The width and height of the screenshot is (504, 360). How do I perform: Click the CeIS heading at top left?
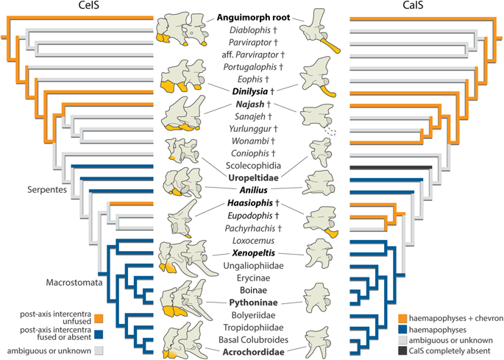tap(89, 5)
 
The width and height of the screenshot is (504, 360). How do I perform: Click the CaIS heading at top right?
tap(413, 5)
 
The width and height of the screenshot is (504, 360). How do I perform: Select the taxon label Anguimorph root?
tap(253, 18)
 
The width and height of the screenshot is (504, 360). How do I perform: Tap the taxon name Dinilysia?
tap(249, 92)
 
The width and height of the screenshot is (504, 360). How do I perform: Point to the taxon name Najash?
tap(249, 105)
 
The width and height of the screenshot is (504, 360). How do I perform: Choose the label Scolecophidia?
tap(253, 166)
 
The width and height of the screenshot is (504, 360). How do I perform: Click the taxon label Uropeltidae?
tap(253, 177)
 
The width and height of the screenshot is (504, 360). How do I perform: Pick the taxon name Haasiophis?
tap(249, 203)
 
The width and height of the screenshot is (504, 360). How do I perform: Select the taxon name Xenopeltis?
tap(253, 253)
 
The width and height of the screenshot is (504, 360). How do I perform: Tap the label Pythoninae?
tap(253, 303)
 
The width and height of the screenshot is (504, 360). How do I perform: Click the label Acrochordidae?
tap(253, 352)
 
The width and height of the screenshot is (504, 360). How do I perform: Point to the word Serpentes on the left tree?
tap(47, 189)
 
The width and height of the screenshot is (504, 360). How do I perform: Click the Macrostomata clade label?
tap(74, 283)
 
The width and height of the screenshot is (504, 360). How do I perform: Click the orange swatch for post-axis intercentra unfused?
tap(99, 319)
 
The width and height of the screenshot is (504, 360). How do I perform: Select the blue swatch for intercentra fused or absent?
tap(99, 334)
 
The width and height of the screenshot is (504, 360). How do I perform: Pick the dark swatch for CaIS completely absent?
tap(402, 350)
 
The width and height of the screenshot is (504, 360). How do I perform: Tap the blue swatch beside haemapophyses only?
tap(402, 329)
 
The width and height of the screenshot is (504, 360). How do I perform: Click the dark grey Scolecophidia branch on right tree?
tap(391, 167)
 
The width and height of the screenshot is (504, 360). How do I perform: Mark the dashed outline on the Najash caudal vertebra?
tap(330, 130)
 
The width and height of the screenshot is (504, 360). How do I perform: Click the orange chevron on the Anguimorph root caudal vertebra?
tap(331, 46)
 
